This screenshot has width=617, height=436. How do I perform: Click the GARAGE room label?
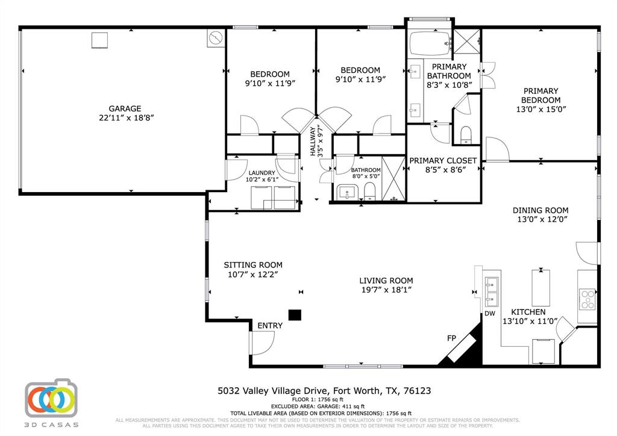pyautogui.click(x=125, y=108)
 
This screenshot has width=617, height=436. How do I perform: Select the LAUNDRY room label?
pyautogui.click(x=262, y=173)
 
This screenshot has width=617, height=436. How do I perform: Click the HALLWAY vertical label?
pyautogui.click(x=313, y=142)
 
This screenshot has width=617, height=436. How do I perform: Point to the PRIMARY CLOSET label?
pyautogui.click(x=443, y=161)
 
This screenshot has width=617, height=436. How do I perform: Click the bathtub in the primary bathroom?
pyautogui.click(x=430, y=43)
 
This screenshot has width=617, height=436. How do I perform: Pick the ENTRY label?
pyautogui.click(x=269, y=326)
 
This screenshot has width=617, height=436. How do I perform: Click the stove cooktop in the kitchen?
pyautogui.click(x=587, y=299)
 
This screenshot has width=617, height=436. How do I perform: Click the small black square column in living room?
pyautogui.click(x=294, y=314)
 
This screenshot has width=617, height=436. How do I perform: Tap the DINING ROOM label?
pyautogui.click(x=540, y=210)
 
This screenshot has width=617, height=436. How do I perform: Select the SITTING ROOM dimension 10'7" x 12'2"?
pyautogui.click(x=253, y=274)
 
